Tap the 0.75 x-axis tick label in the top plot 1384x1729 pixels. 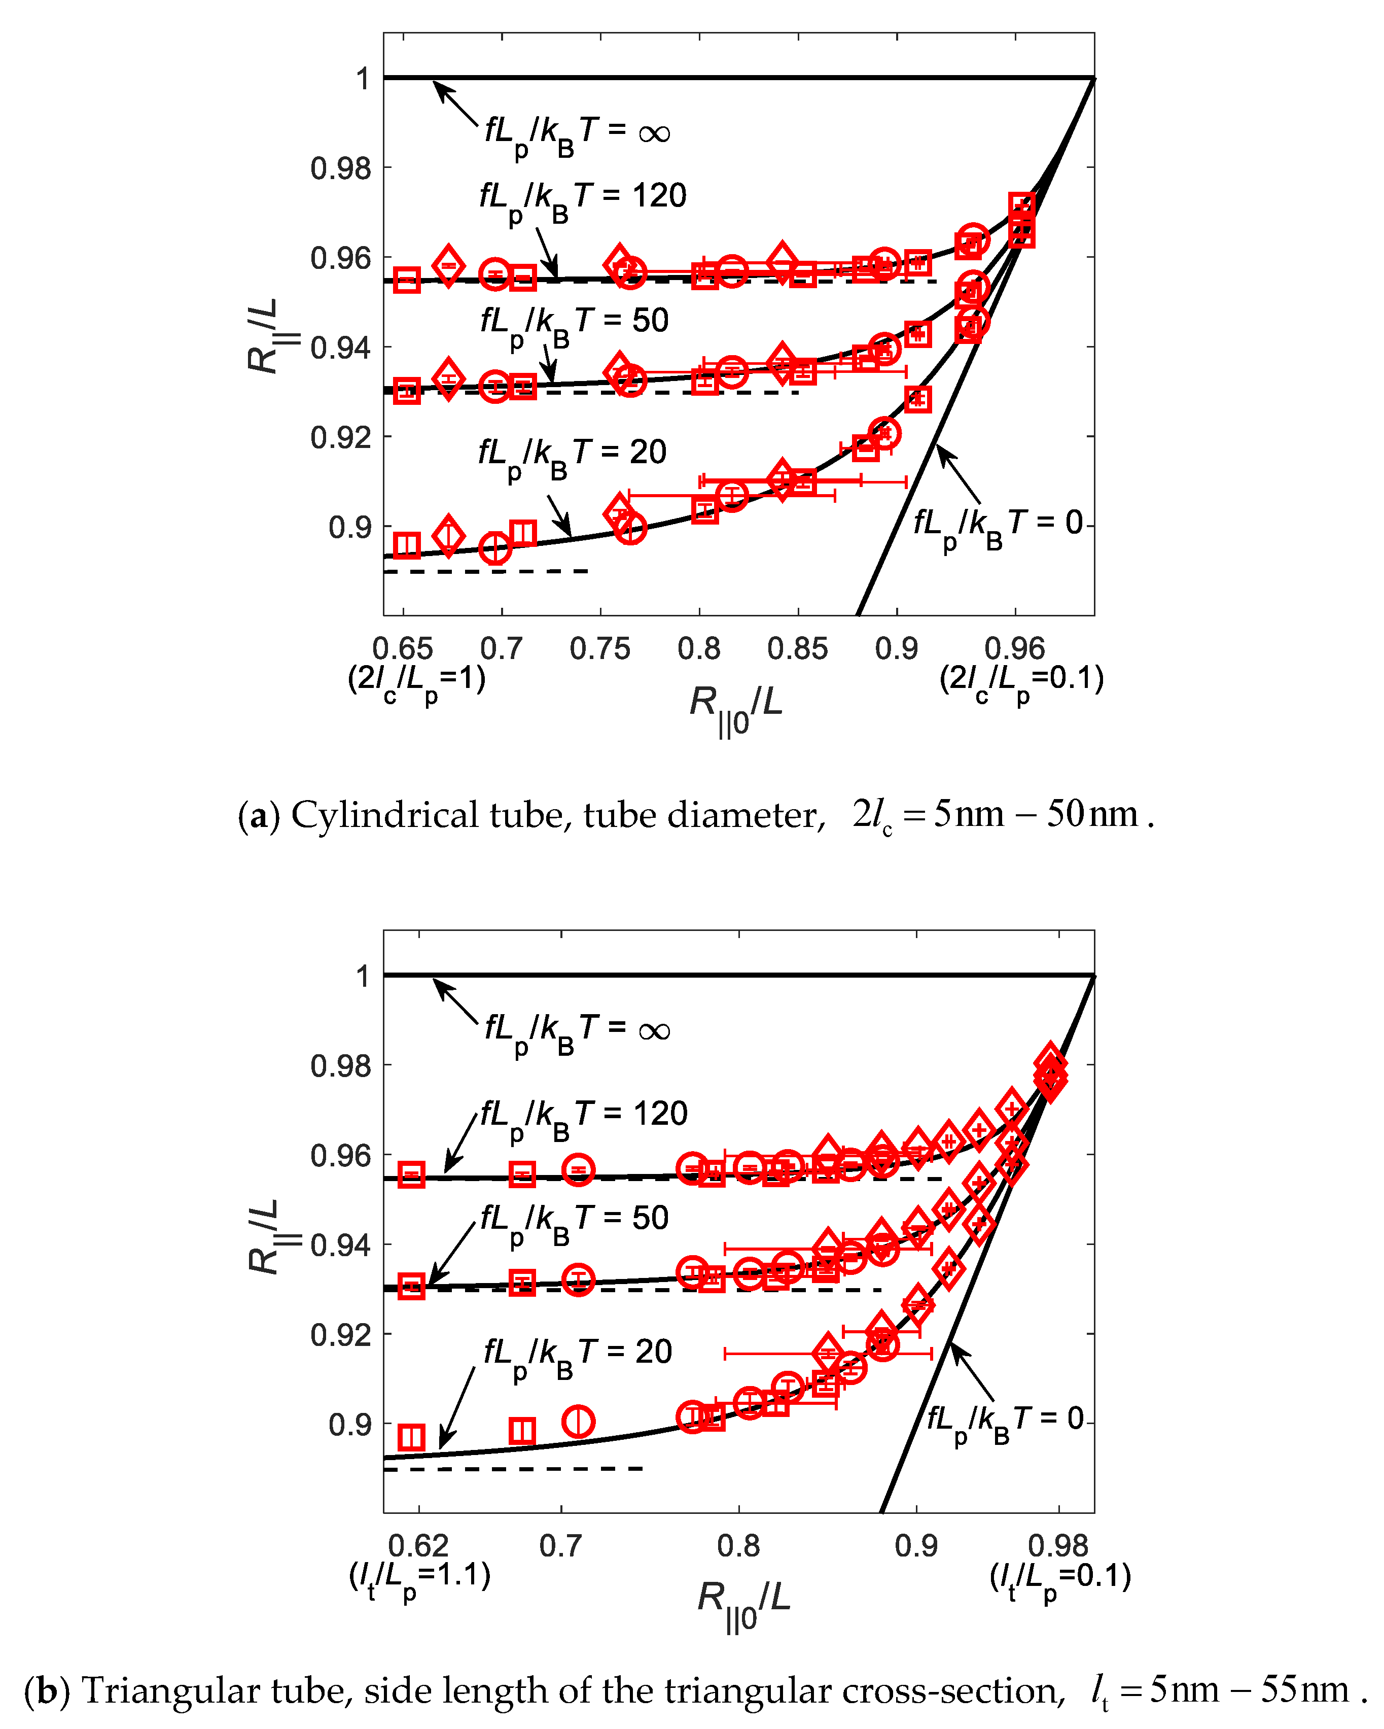(600, 648)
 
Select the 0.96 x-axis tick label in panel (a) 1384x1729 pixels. (1014, 648)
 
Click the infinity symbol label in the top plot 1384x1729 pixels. (654, 133)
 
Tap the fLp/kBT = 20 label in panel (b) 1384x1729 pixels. (577, 1354)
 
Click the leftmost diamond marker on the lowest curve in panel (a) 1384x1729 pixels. (448, 535)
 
